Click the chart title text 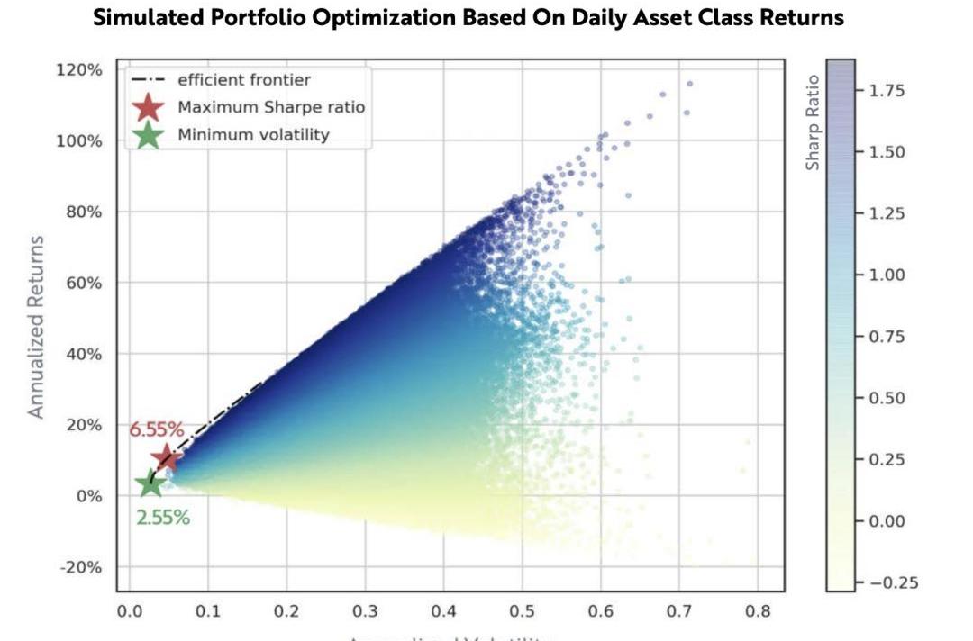pos(468,18)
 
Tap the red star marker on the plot pos(166,458)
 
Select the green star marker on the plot pos(150,483)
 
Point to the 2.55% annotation pos(163,518)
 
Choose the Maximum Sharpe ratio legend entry pos(271,107)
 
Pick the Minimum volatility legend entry pos(253,135)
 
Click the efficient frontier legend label pos(243,79)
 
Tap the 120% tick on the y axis pos(79,70)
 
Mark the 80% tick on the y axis pos(83,212)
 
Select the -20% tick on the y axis pos(81,567)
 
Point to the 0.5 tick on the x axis pos(521,612)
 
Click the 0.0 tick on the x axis pos(129,612)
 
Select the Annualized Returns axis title pos(36,326)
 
